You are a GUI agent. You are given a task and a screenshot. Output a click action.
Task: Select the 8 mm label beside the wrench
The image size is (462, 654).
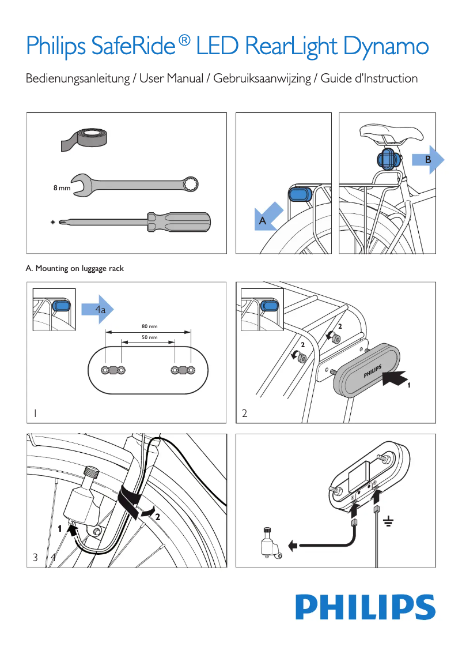(x=62, y=188)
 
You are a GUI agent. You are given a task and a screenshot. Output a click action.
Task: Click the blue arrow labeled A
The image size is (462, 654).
(x=268, y=217)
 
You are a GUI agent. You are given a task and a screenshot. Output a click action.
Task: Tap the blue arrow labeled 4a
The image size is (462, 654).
(x=98, y=310)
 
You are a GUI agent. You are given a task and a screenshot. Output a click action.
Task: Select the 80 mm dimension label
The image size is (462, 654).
(x=149, y=326)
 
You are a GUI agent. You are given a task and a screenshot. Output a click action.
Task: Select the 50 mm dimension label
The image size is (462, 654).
(x=149, y=337)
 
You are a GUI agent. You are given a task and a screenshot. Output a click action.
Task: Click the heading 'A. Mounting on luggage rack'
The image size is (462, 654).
(x=75, y=269)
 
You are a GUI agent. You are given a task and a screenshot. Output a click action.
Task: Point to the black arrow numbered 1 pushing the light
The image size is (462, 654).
(x=397, y=379)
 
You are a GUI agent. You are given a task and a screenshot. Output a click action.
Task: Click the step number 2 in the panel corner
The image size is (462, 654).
(x=245, y=414)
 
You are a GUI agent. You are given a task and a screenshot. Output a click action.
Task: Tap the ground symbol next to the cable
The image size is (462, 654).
(x=388, y=523)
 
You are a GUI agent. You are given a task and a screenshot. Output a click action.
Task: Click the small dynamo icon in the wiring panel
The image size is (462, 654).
(x=268, y=543)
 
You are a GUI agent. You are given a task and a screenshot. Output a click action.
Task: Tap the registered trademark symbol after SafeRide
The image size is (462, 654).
(x=184, y=40)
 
